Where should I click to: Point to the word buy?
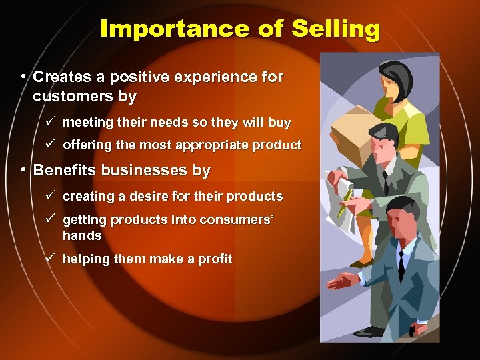(x=279, y=123)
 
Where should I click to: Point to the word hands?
(x=82, y=235)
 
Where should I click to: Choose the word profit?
(x=214, y=259)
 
